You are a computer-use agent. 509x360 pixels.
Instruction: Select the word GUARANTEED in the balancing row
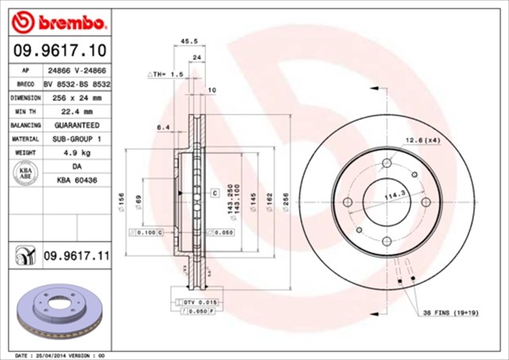coord(76,125)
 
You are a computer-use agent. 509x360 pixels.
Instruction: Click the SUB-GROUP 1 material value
coord(76,138)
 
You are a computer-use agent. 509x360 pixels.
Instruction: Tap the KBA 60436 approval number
coord(76,181)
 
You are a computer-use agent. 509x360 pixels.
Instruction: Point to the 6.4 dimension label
coord(164,127)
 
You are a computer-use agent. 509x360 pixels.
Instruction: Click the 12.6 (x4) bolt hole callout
coord(422,141)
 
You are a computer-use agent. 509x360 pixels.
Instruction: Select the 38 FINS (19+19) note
coord(450,312)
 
